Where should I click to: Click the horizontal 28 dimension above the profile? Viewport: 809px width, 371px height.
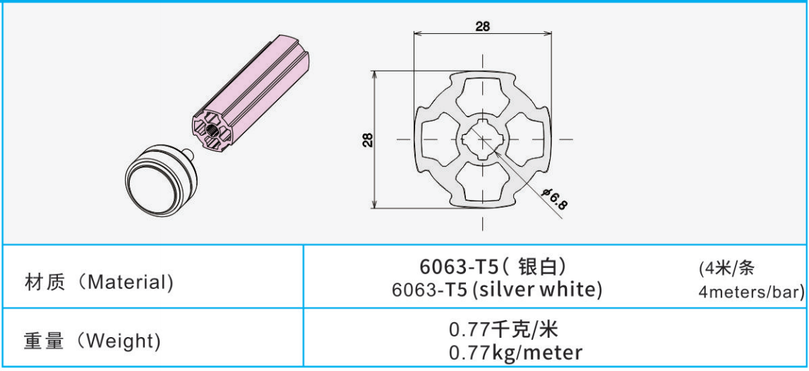tap(482, 26)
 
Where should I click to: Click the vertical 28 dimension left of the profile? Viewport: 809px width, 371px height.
tap(368, 140)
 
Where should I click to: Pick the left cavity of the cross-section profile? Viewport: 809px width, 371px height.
tap(438, 139)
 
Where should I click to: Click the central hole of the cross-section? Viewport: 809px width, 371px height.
tap(483, 139)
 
